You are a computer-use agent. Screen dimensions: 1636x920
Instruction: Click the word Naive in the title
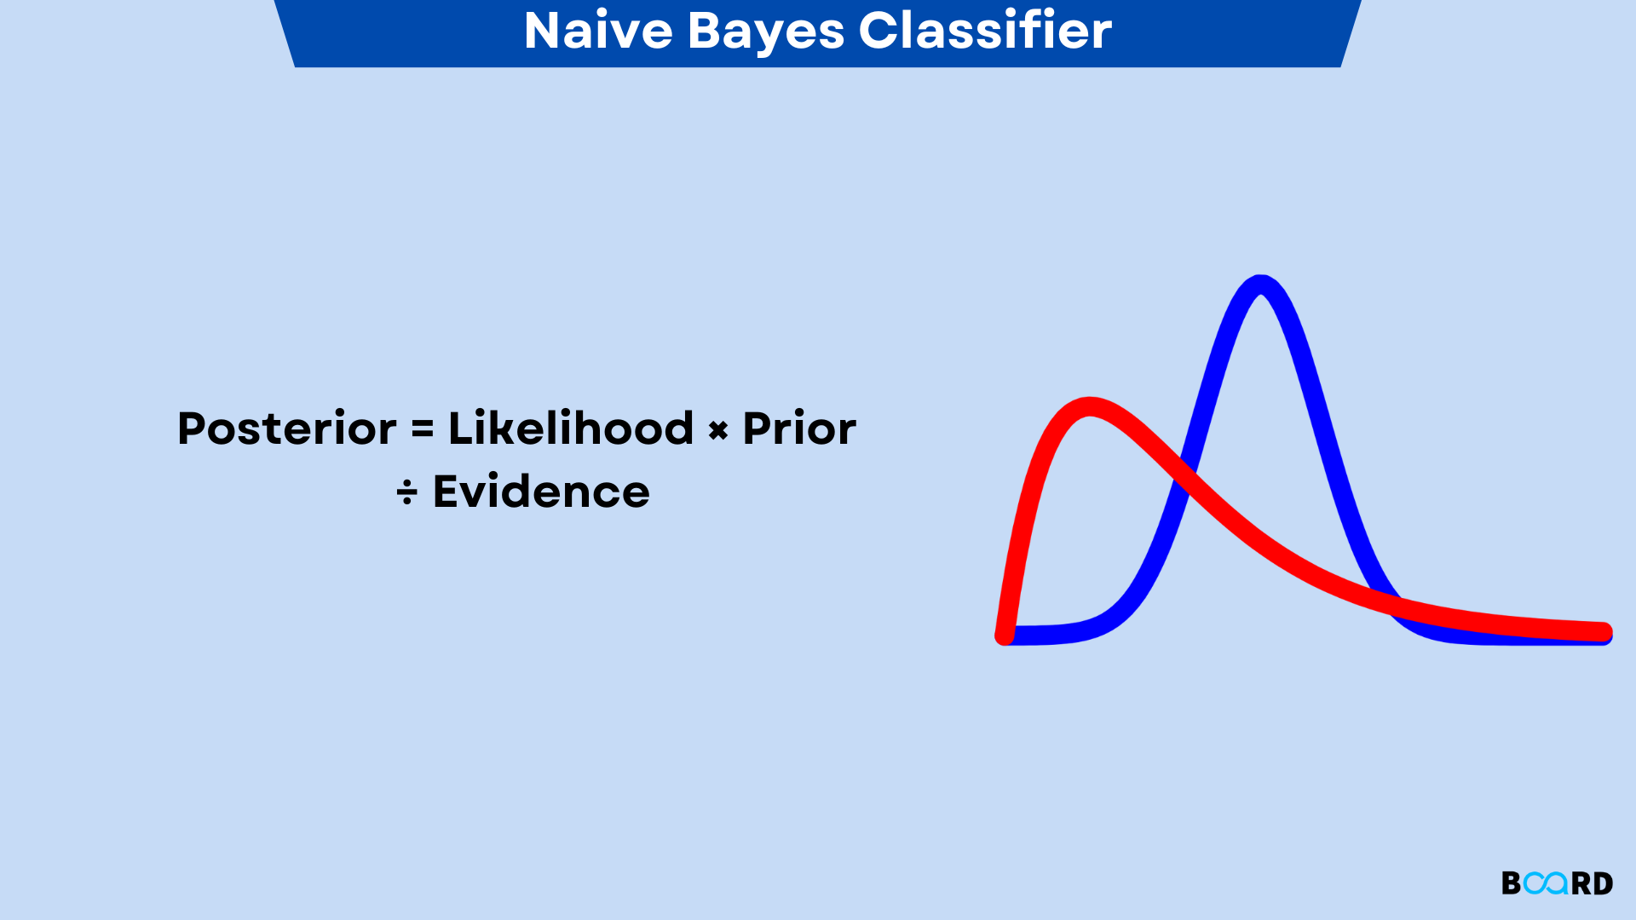click(x=598, y=31)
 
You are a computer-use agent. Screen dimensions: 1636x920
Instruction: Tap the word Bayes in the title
click(x=764, y=32)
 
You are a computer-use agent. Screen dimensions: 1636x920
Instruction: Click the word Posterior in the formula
click(x=286, y=428)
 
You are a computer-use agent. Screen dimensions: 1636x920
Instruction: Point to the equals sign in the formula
click(x=423, y=428)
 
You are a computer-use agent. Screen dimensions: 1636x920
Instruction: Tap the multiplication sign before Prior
click(x=718, y=431)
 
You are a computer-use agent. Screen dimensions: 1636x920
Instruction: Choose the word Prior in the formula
click(x=799, y=428)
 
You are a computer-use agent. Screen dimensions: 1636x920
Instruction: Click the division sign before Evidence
click(x=407, y=492)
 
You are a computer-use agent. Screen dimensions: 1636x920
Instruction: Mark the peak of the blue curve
click(x=1260, y=285)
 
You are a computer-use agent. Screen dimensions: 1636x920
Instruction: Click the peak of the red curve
click(x=1090, y=407)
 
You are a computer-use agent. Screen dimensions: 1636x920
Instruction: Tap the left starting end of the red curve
click(x=1005, y=635)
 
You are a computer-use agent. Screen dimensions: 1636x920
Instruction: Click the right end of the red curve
click(x=1603, y=632)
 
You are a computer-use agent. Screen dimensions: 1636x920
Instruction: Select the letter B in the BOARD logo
click(x=1511, y=883)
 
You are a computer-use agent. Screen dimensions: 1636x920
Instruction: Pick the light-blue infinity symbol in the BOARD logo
click(x=1545, y=883)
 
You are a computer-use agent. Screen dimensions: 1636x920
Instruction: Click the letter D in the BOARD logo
click(x=1603, y=883)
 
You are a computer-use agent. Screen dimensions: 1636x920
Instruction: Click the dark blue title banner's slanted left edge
click(x=285, y=33)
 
